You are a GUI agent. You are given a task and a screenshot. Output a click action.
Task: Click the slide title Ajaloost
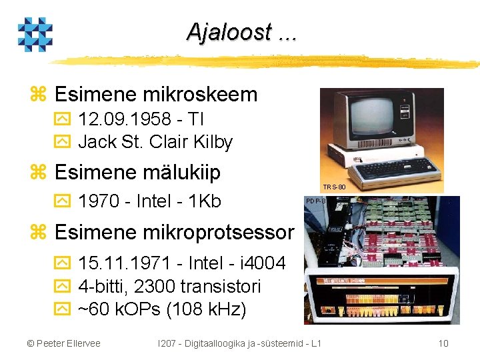(x=229, y=32)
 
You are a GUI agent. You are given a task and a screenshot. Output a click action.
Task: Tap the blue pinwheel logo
(x=35, y=34)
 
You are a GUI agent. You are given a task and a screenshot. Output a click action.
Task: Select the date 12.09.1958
(x=125, y=119)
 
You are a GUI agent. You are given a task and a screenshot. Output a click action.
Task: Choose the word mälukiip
(x=181, y=172)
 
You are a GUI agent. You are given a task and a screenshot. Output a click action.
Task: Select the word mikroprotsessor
(x=219, y=233)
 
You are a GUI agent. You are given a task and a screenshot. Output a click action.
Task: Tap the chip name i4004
(x=263, y=263)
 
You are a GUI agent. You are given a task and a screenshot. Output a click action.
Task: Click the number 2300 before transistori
(x=155, y=286)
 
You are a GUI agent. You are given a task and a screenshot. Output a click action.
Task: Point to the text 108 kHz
(x=206, y=309)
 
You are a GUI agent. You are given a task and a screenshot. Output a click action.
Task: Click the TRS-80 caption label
(x=334, y=187)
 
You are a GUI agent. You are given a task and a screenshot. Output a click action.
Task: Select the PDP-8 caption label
(x=315, y=201)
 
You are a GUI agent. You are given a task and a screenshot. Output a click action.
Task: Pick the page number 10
(x=443, y=343)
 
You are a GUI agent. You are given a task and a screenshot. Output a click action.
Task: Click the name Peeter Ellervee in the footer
(x=68, y=343)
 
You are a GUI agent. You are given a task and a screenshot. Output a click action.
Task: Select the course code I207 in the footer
(x=166, y=343)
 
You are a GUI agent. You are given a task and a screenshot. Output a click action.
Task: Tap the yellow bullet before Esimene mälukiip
(x=38, y=172)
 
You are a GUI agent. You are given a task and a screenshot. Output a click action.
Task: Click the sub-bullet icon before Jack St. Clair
(x=63, y=141)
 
